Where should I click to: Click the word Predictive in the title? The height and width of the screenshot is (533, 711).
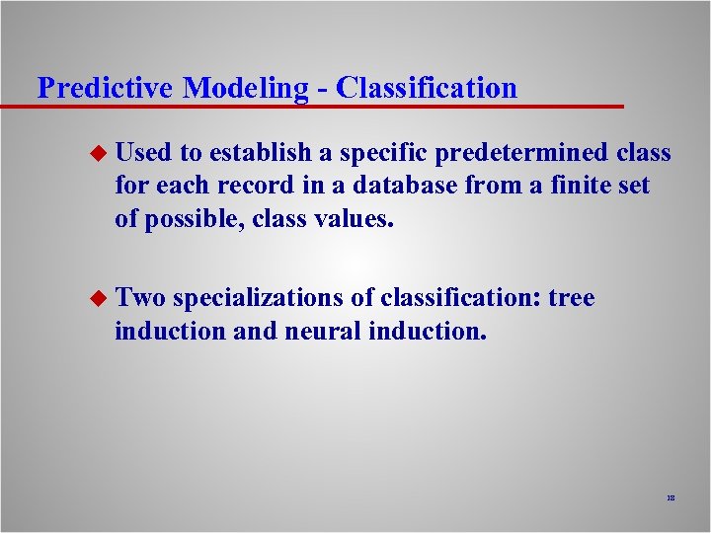pyautogui.click(x=107, y=88)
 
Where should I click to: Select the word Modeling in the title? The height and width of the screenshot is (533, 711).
pyautogui.click(x=247, y=88)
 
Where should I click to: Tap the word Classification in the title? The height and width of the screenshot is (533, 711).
pyautogui.click(x=426, y=88)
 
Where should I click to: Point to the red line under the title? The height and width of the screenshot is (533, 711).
pyautogui.click(x=316, y=106)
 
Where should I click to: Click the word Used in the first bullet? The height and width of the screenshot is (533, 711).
pyautogui.click(x=143, y=153)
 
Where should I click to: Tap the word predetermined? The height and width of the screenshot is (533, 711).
pyautogui.click(x=520, y=153)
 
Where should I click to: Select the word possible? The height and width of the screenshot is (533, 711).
pyautogui.click(x=194, y=218)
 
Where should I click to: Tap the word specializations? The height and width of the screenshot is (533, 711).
pyautogui.click(x=259, y=298)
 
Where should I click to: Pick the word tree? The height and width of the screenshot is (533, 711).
pyautogui.click(x=572, y=298)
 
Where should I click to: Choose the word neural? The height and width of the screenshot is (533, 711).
pyautogui.click(x=323, y=331)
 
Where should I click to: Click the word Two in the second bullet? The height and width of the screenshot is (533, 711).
pyautogui.click(x=140, y=298)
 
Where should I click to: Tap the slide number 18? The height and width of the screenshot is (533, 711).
pyautogui.click(x=670, y=500)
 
